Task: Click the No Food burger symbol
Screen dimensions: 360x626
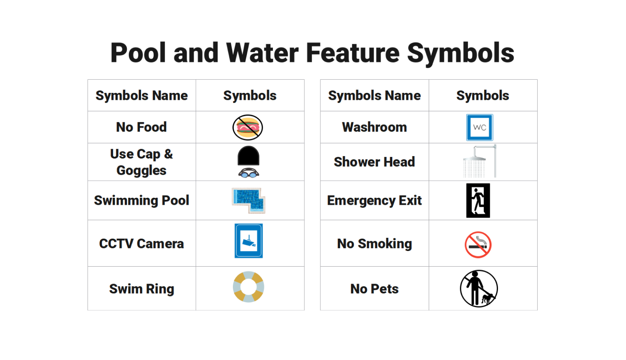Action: point(248,128)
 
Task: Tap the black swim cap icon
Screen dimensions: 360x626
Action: point(249,156)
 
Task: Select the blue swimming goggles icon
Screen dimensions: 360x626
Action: point(249,173)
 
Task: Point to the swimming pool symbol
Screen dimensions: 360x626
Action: point(249,200)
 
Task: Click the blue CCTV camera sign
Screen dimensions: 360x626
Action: point(249,241)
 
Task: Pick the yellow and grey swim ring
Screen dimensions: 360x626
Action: point(249,287)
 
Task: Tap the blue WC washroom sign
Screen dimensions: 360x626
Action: point(479,128)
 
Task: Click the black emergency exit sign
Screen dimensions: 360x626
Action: point(478,201)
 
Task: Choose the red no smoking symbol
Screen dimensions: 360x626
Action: point(478,245)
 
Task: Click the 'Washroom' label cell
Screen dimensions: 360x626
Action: point(374,127)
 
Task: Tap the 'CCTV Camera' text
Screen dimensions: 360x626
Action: point(141,244)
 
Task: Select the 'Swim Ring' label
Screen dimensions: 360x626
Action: point(141,289)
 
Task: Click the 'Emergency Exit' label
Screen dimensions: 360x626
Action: point(374,201)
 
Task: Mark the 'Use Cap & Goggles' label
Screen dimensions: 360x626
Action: point(141,162)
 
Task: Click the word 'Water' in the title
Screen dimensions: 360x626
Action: point(263,53)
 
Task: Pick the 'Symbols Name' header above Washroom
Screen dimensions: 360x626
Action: point(374,96)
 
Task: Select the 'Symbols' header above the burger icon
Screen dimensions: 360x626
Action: point(250,96)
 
